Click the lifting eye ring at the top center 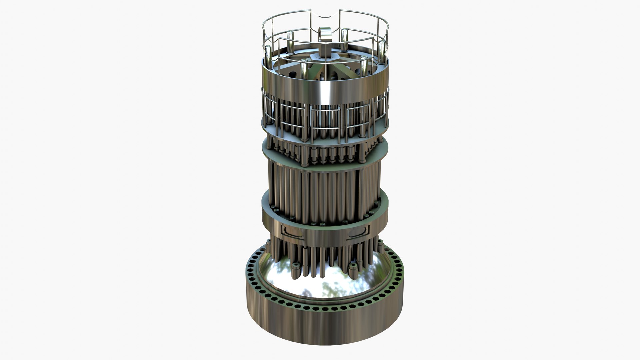(325, 35)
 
